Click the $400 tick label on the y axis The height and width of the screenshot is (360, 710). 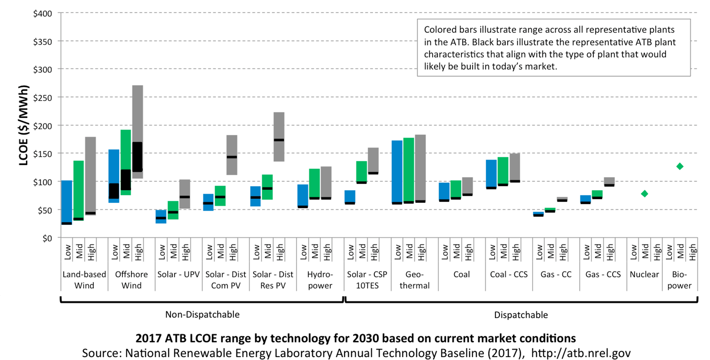point(42,14)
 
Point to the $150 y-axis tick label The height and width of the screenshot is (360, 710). point(42,154)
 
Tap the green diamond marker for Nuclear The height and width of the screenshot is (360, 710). point(645,194)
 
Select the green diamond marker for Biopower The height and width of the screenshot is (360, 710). point(680,166)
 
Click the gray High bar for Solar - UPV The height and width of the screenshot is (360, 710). point(185,187)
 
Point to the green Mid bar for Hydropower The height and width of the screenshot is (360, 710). point(315,183)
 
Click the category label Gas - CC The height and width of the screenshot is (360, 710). point(556,274)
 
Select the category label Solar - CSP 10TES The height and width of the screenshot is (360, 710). point(367,280)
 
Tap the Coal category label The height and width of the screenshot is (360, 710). point(462,274)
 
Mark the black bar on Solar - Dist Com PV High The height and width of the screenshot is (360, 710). point(232,157)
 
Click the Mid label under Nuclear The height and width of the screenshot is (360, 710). point(645,252)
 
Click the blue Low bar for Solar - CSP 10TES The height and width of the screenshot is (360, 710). point(350,196)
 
